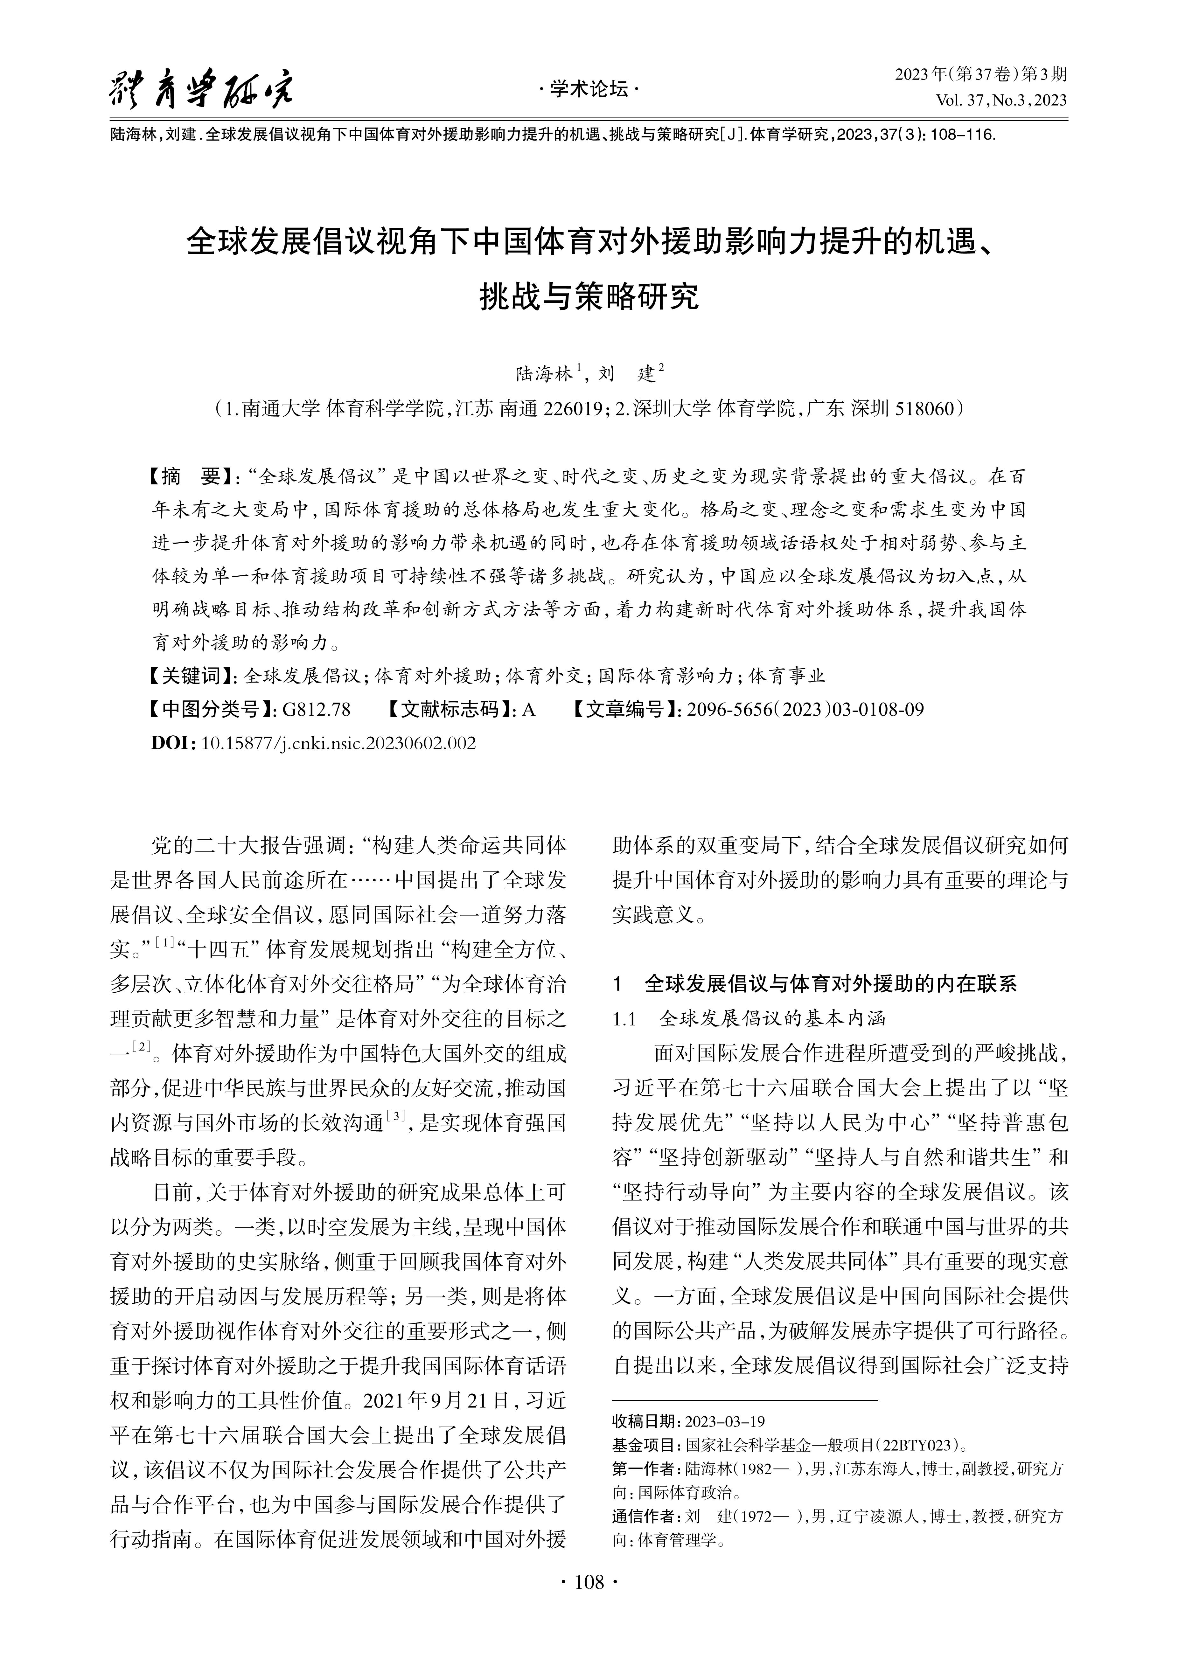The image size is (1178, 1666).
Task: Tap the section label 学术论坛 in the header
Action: tap(589, 89)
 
